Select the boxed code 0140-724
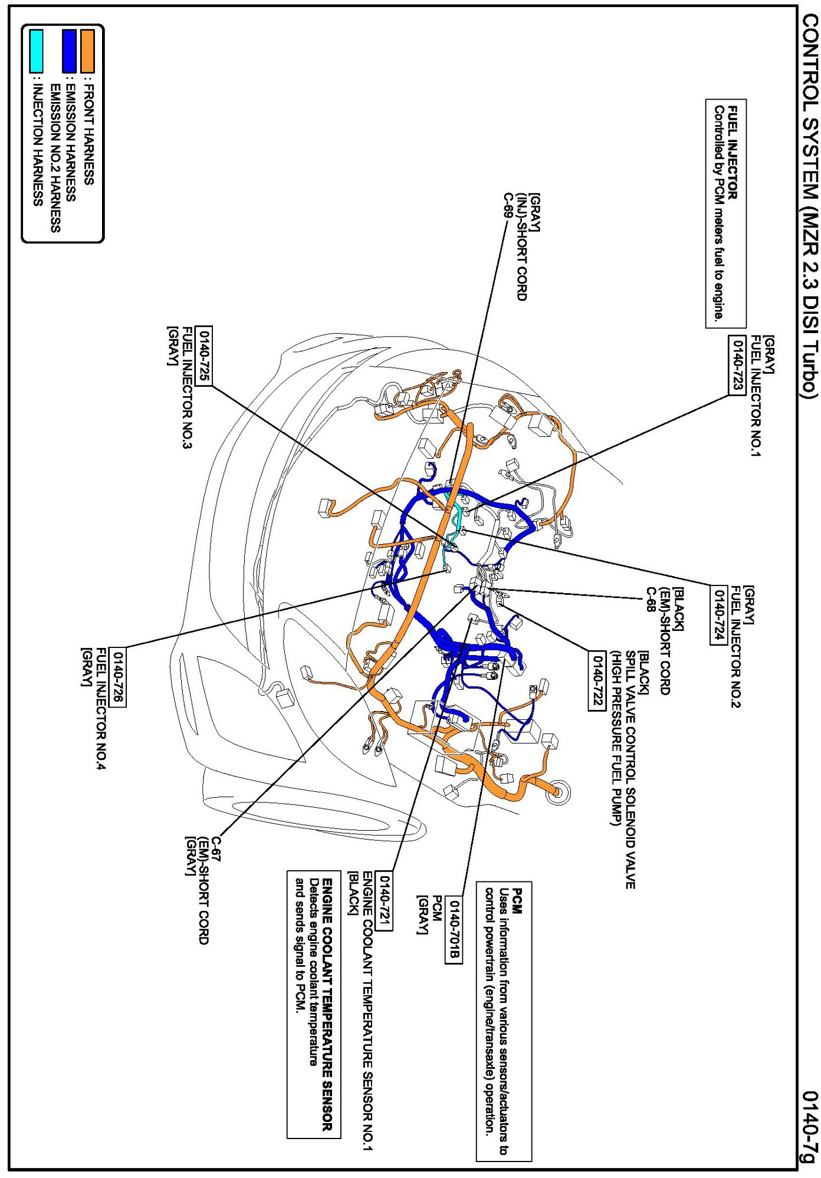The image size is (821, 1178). click(x=718, y=616)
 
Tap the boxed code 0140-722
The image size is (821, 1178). click(x=597, y=680)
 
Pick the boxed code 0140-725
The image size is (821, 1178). click(x=204, y=356)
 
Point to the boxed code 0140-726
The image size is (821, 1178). click(x=118, y=676)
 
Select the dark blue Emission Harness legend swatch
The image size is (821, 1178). click(x=70, y=51)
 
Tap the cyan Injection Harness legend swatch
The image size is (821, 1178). click(x=36, y=51)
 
